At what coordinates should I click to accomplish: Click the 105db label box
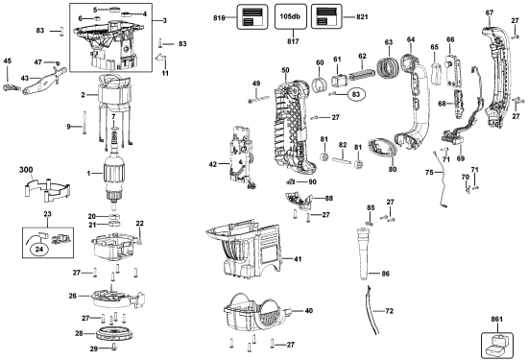click(x=291, y=16)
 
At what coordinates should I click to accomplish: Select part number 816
click(x=220, y=17)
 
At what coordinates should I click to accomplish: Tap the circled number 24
click(x=39, y=250)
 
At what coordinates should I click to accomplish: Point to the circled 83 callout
click(x=356, y=95)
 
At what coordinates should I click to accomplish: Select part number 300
click(x=26, y=170)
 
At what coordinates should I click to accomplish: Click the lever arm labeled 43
click(x=44, y=81)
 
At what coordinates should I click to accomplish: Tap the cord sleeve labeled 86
click(x=365, y=253)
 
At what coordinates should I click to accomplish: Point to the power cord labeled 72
click(x=372, y=310)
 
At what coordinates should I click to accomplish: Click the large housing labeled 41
click(x=243, y=250)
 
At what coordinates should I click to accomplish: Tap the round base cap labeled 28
click(x=115, y=333)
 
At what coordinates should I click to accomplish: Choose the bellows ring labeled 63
click(x=388, y=69)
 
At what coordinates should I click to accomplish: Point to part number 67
click(x=490, y=12)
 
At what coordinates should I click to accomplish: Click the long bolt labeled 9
click(x=84, y=122)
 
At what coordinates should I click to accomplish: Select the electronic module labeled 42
click(x=240, y=156)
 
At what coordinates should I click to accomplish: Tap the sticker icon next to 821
click(x=325, y=16)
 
